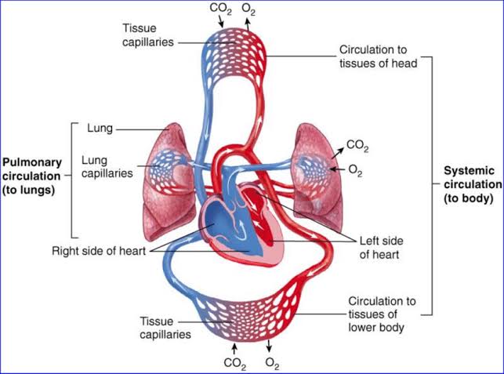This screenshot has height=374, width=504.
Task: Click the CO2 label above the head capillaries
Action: pos(219,9)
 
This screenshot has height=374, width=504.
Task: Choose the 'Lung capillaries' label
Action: pos(109,165)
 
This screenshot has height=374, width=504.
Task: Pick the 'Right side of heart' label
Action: pos(99,252)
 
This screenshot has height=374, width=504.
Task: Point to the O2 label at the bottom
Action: pos(272,363)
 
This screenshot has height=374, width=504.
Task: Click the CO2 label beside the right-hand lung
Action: pos(357,147)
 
